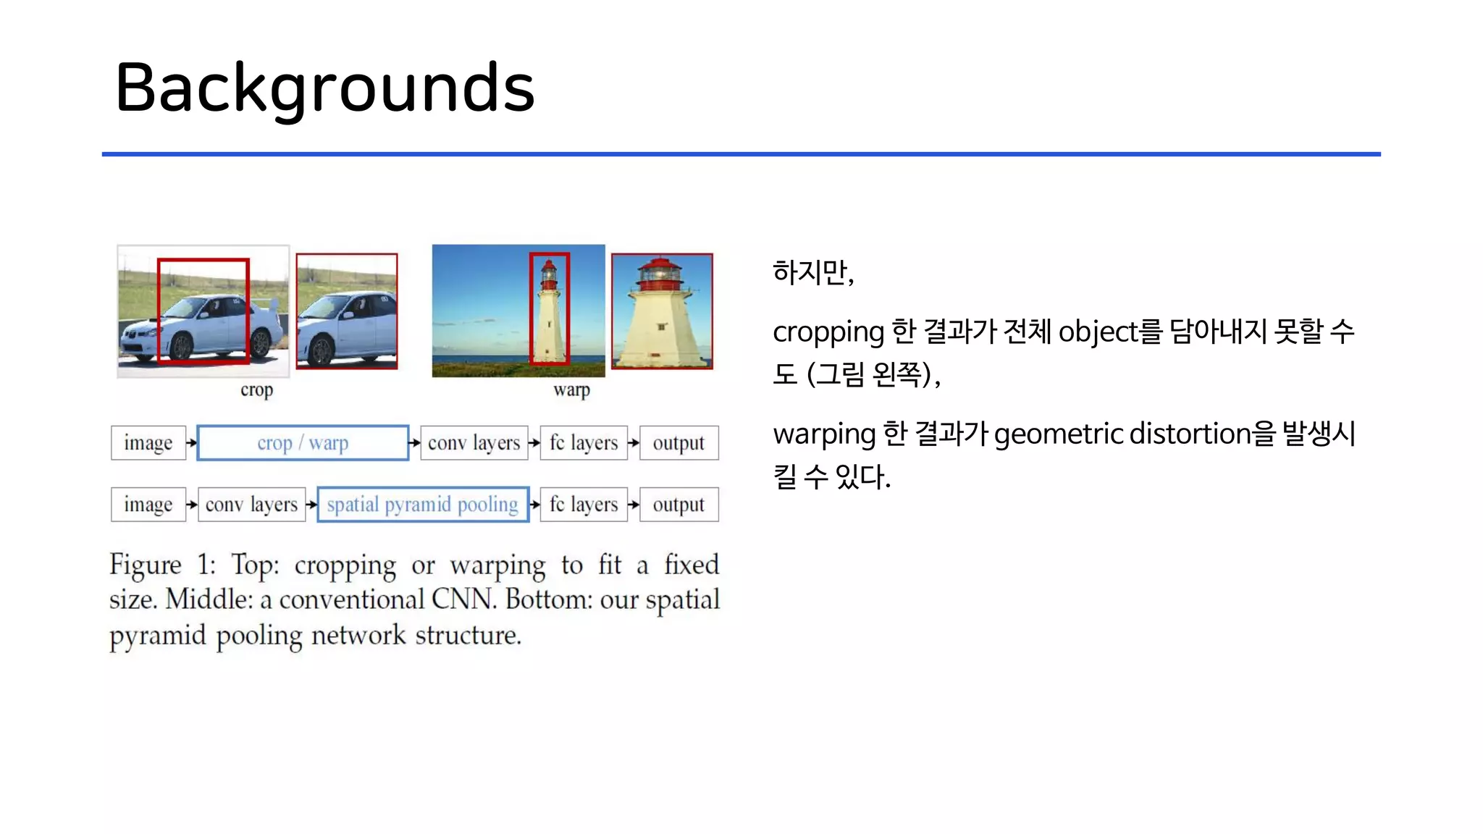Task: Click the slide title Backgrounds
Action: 324,88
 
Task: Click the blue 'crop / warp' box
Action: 303,442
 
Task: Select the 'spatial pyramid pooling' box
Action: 423,504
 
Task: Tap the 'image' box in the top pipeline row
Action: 148,442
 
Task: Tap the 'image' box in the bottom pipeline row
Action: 148,504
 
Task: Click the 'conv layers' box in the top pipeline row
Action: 474,442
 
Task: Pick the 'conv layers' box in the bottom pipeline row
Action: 251,504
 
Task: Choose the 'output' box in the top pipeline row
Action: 679,442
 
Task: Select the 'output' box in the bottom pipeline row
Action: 679,504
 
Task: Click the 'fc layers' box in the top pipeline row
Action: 584,442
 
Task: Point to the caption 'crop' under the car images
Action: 256,390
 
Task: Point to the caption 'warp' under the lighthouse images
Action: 571,390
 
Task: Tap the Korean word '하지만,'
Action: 813,272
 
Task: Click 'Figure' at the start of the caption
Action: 145,565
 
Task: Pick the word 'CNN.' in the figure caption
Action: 463,599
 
